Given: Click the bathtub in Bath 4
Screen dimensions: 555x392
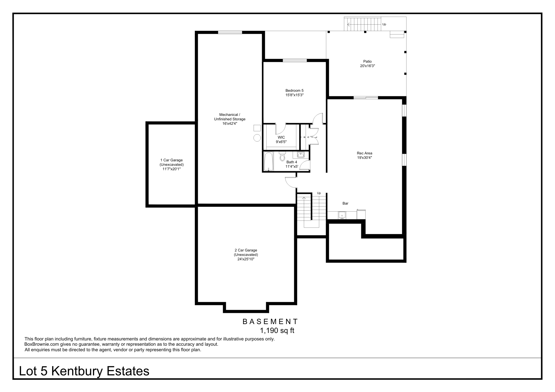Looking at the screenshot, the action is tap(269, 161).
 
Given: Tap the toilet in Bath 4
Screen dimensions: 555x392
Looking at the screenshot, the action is tap(282, 157).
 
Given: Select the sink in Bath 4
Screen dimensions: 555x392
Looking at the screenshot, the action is tap(301, 155).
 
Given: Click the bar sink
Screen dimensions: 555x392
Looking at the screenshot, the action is tap(342, 215).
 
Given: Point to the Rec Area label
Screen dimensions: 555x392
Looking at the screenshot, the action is tap(364, 155).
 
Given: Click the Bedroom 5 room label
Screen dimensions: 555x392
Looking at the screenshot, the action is tap(294, 93).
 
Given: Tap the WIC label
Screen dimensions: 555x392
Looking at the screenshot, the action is tap(281, 139).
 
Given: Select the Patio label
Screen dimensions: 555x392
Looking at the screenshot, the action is tap(367, 64).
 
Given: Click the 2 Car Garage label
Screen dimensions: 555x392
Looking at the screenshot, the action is tap(246, 254).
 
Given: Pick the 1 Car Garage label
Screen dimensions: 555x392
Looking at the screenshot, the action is tap(171, 164).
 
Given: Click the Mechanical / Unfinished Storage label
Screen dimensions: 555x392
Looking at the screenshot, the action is tap(229, 119).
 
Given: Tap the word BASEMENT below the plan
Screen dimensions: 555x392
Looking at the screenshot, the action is tap(270, 322).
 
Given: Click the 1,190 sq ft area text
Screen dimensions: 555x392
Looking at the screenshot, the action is tap(277, 330).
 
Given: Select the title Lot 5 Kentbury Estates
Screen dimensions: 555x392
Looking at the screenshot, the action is tap(84, 371).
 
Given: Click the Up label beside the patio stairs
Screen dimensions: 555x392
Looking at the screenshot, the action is tap(384, 24).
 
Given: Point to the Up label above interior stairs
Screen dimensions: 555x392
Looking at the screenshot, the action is tap(319, 193).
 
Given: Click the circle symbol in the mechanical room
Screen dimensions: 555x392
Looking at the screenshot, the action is tap(257, 138).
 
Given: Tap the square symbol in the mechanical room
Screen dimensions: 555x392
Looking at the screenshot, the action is tap(257, 128).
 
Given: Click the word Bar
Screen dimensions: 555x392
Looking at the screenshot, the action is tap(345, 203).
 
